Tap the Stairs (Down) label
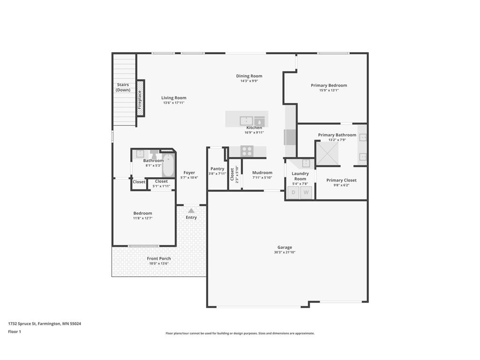(123, 87)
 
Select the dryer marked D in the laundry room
(294, 192)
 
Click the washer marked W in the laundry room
(306, 192)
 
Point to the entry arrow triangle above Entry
(191, 211)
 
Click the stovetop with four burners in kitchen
(247, 151)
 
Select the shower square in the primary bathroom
(327, 154)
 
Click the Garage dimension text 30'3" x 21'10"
(285, 252)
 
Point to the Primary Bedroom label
(329, 85)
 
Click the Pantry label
(217, 169)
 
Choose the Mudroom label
(262, 172)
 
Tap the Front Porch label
(159, 258)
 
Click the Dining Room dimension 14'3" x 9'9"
(249, 81)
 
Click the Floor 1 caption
(15, 331)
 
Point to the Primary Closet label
(341, 180)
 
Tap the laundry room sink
(306, 163)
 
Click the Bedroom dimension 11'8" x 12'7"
(142, 218)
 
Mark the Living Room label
(174, 98)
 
